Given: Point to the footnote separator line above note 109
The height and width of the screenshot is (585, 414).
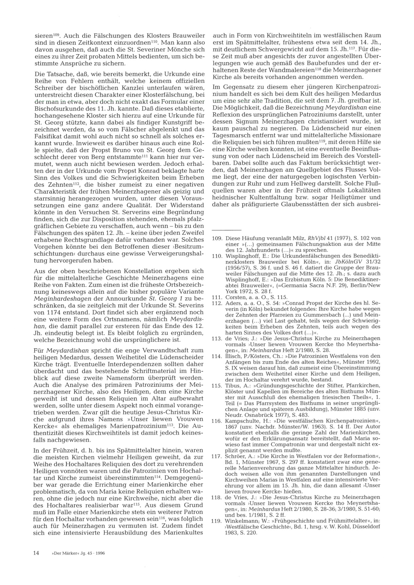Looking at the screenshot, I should (x=226, y=230).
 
